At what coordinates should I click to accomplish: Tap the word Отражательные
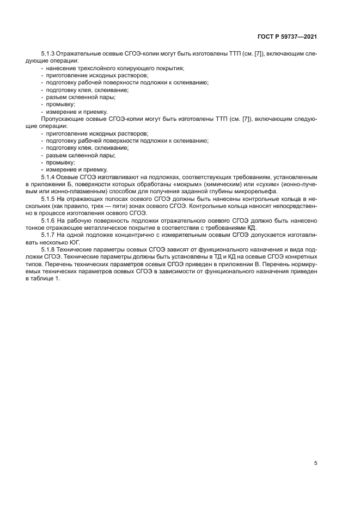coord(78,54)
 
